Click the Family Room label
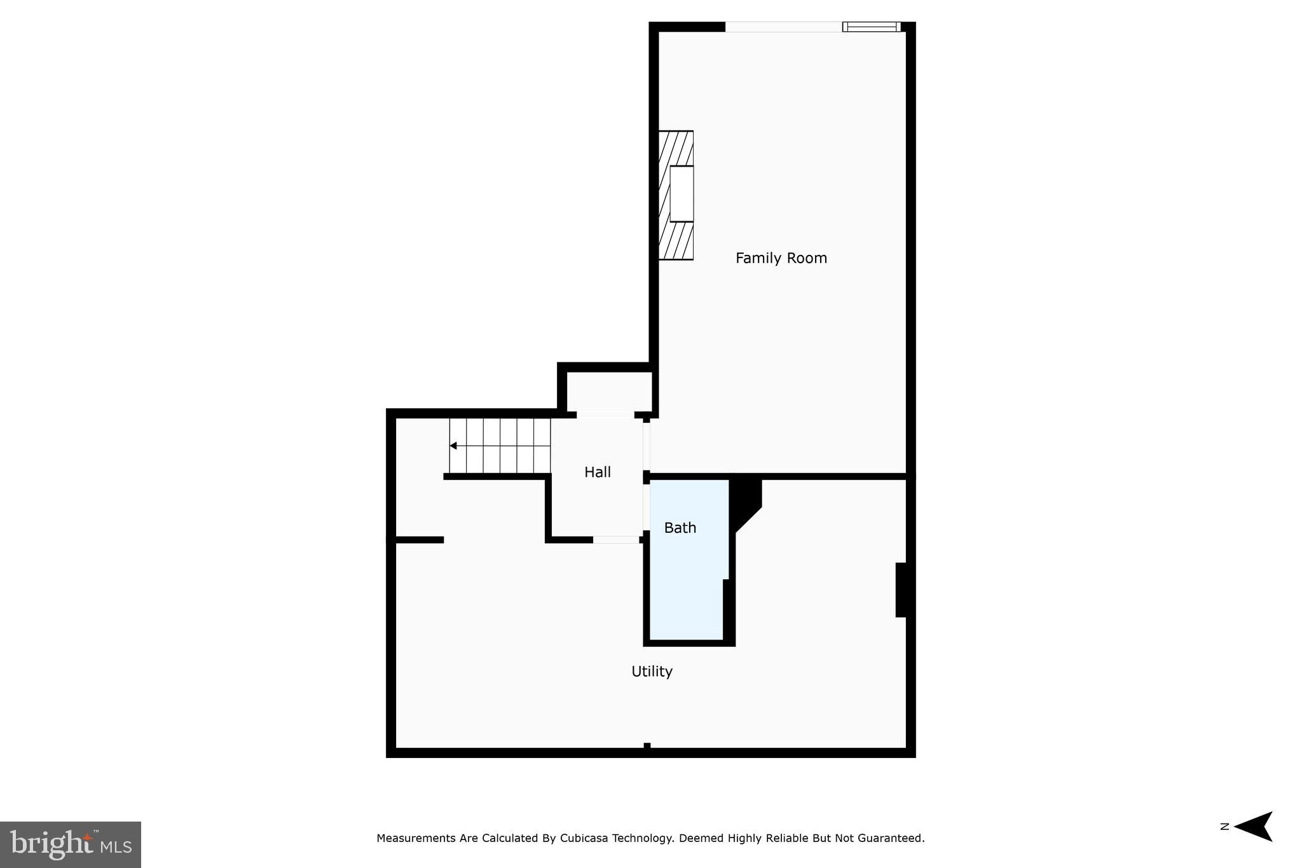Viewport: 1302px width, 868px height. [781, 258]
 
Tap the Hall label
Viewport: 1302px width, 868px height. [598, 472]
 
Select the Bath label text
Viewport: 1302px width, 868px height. [680, 527]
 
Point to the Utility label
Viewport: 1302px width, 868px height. [652, 671]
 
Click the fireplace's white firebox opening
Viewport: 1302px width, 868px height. [682, 193]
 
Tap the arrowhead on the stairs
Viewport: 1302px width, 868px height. [453, 446]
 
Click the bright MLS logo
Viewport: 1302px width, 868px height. [71, 844]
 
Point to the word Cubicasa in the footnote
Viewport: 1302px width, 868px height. [585, 838]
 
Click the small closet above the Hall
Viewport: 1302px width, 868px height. [608, 391]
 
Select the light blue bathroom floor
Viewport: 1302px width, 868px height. [685, 591]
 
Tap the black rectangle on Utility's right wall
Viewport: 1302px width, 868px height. [901, 589]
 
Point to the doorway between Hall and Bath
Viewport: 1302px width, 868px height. [647, 507]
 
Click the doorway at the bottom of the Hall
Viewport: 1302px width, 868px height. [615, 540]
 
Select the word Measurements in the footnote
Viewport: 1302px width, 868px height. [416, 838]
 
